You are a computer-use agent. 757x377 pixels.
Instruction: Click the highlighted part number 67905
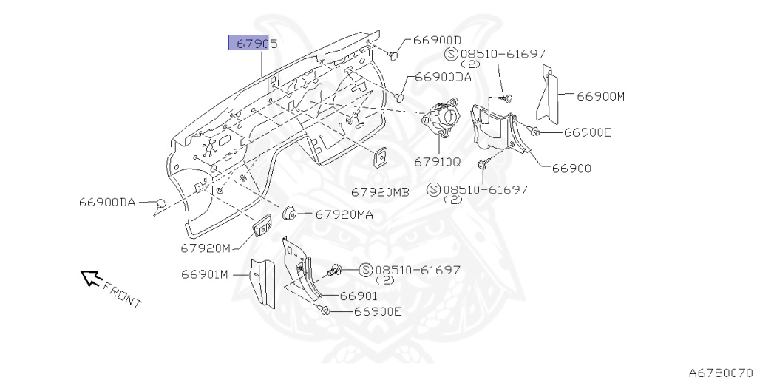pyautogui.click(x=253, y=44)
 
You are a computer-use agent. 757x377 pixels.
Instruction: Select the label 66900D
pyautogui.click(x=437, y=40)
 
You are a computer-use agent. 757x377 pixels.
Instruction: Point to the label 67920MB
pyautogui.click(x=380, y=191)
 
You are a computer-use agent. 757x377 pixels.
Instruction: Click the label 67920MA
pyautogui.click(x=344, y=214)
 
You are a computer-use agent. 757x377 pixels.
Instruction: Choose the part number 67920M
pyautogui.click(x=206, y=247)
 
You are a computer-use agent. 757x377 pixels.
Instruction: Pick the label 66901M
pyautogui.click(x=205, y=274)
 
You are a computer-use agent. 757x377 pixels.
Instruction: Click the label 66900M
pyautogui.click(x=601, y=96)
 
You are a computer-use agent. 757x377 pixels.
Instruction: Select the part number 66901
pyautogui.click(x=359, y=296)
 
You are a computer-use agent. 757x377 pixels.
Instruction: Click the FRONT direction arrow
pyautogui.click(x=91, y=278)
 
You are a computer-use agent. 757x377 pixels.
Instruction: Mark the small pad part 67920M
pyautogui.click(x=262, y=226)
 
